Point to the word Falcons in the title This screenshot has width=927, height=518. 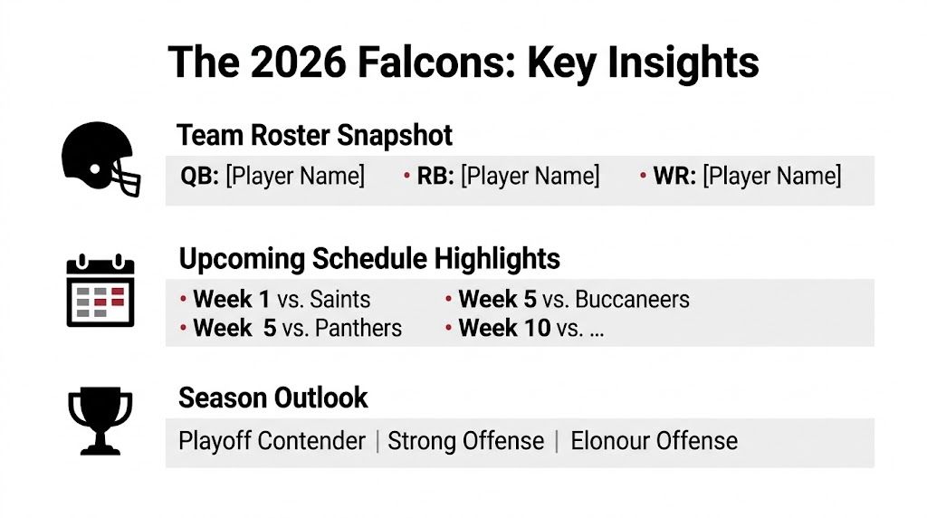pos(440,62)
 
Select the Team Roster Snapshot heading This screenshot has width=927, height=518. pos(315,135)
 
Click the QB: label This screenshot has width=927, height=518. pos(200,176)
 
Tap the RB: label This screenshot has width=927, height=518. pos(435,176)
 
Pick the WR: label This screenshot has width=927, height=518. pos(674,176)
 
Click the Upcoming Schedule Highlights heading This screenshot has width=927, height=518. pos(369,259)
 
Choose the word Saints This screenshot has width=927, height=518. pos(340,300)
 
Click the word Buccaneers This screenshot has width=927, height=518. pos(632,300)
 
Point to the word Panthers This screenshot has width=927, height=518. pos(358,328)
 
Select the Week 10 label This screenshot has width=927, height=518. pos(504,328)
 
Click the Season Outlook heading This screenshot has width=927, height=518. pos(273,398)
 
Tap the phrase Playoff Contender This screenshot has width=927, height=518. pos(272,441)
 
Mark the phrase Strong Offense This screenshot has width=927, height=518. pos(465,441)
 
